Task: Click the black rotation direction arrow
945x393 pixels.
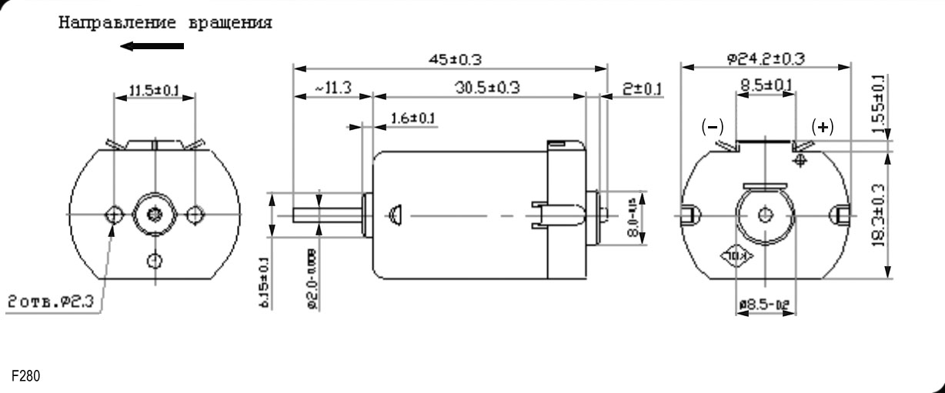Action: pyautogui.click(x=152, y=46)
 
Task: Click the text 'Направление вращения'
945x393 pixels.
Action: pyautogui.click(x=165, y=22)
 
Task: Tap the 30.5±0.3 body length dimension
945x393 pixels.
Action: pyautogui.click(x=486, y=88)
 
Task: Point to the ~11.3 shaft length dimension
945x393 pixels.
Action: pyautogui.click(x=332, y=88)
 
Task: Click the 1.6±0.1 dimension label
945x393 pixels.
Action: pyautogui.click(x=412, y=118)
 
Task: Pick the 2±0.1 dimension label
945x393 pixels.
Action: pyautogui.click(x=642, y=89)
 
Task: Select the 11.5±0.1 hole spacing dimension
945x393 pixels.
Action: pyautogui.click(x=153, y=91)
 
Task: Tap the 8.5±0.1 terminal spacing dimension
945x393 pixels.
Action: pyautogui.click(x=766, y=85)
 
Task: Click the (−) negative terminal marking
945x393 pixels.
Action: pyautogui.click(x=712, y=127)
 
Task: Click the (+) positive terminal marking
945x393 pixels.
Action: pyautogui.click(x=823, y=127)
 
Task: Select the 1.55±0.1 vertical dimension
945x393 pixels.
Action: pyautogui.click(x=879, y=104)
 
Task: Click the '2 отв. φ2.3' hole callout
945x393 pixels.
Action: pyautogui.click(x=51, y=301)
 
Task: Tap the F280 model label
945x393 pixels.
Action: pyautogui.click(x=25, y=376)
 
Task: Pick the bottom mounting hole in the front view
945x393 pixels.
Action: pyautogui.click(x=155, y=260)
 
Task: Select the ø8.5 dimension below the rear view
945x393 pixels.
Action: pyautogui.click(x=766, y=306)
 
